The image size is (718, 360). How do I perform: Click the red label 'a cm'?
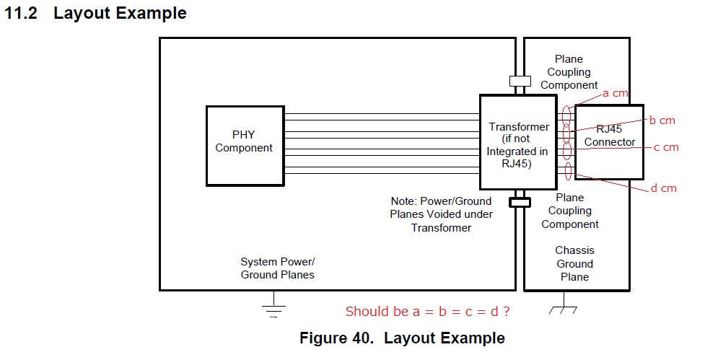tap(615, 94)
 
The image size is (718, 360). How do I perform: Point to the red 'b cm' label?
tap(662, 120)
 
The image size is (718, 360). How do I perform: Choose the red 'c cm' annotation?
tap(666, 147)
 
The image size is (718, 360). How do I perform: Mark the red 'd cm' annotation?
tap(663, 188)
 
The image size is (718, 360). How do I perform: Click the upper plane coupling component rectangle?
tap(520, 81)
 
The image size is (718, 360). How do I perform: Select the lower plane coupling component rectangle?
tap(520, 202)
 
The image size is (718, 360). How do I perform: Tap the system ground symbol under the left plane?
tap(273, 306)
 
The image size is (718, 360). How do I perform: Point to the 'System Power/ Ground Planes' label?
tap(278, 268)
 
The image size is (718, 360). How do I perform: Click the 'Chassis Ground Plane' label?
tap(574, 263)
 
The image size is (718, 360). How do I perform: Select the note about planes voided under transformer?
tap(441, 214)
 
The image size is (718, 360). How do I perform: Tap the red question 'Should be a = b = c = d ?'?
tap(427, 312)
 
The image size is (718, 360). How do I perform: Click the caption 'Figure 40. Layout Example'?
tap(402, 338)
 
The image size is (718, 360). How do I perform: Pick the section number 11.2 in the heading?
tap(21, 13)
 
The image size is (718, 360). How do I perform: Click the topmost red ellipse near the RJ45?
tap(566, 115)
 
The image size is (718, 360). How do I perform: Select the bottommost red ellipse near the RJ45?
tap(568, 171)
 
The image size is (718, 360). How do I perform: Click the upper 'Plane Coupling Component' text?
tap(569, 72)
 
